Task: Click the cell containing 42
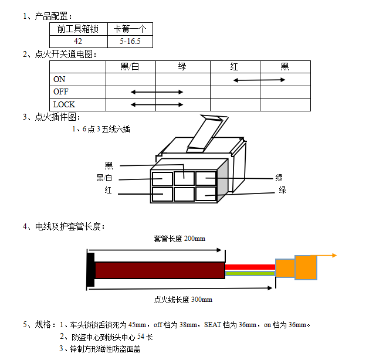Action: [78, 41]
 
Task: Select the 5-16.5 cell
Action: [130, 41]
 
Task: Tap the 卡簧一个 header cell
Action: [130, 29]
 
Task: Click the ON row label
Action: [59, 79]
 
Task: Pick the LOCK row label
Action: [64, 104]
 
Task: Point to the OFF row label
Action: [60, 92]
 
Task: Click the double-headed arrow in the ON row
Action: [259, 79]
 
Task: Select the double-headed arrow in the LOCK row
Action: [157, 104]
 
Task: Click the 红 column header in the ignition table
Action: [235, 67]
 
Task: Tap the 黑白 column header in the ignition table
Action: [130, 67]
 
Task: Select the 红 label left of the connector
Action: [109, 191]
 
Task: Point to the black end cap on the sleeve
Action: [91, 270]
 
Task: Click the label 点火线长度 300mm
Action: [183, 300]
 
